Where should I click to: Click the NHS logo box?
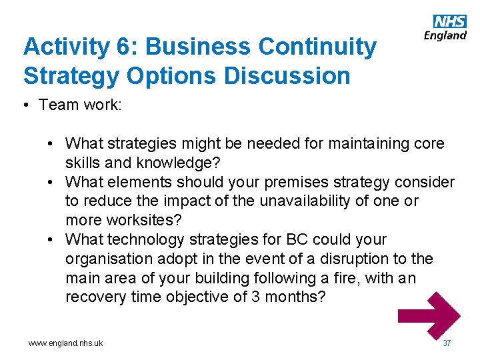[x=450, y=22]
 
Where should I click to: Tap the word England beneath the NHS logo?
[x=445, y=35]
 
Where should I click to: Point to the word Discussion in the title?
[x=287, y=76]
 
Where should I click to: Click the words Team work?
[x=80, y=105]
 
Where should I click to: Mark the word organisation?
[x=111, y=259]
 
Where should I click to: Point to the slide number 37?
[x=447, y=343]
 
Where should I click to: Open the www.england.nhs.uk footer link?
[x=65, y=343]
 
